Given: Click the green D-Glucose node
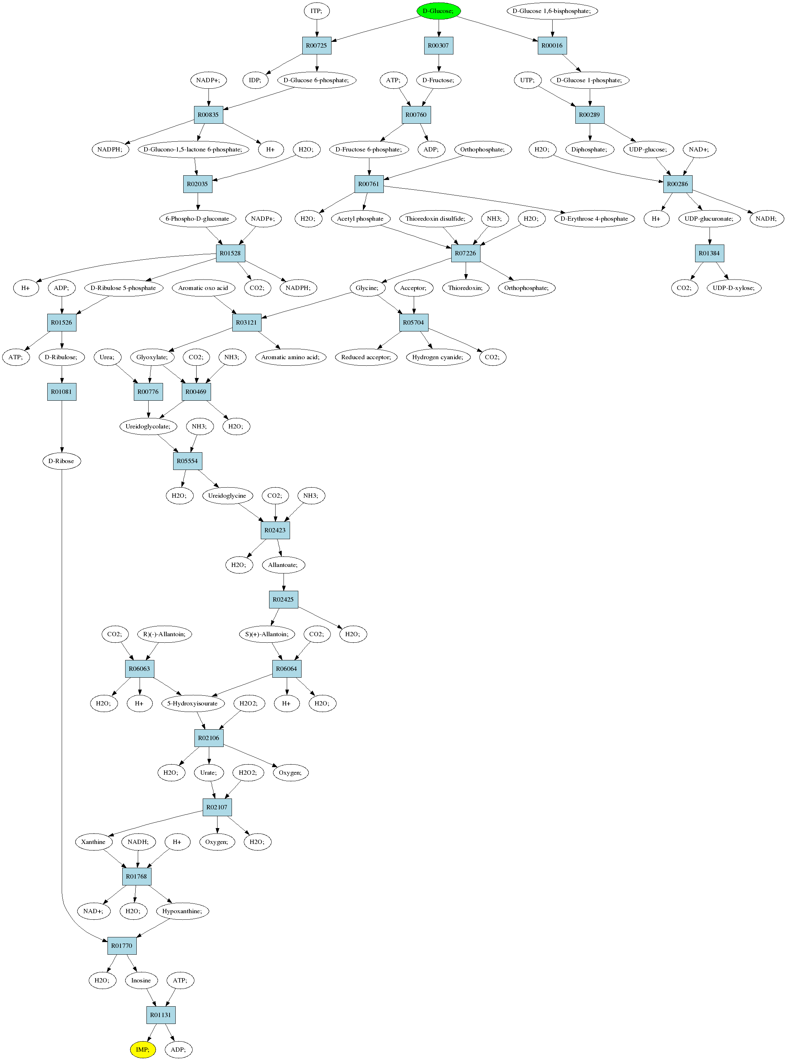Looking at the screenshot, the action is pyautogui.click(x=438, y=11).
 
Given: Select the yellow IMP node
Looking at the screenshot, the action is pyautogui.click(x=143, y=1050).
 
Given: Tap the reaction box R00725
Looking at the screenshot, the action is pyautogui.click(x=317, y=46).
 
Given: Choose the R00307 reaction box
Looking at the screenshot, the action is pyautogui.click(x=438, y=46).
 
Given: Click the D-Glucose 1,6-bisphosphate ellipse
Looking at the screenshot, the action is pyautogui.click(x=552, y=11).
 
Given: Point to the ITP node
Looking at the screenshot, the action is pyautogui.click(x=317, y=11).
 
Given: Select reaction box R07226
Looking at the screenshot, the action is pyautogui.click(x=465, y=253).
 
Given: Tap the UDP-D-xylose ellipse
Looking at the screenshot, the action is pyautogui.click(x=734, y=288).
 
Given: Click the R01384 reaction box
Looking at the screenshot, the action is pyautogui.click(x=710, y=253).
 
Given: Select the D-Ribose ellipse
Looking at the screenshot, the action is pyautogui.click(x=61, y=461).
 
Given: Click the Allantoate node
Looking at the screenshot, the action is pyautogui.click(x=283, y=565).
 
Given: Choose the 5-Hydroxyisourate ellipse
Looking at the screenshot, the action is pyautogui.click(x=193, y=704).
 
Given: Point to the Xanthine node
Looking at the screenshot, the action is pyautogui.click(x=94, y=842).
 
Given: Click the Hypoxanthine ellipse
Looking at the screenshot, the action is pyautogui.click(x=182, y=911).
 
